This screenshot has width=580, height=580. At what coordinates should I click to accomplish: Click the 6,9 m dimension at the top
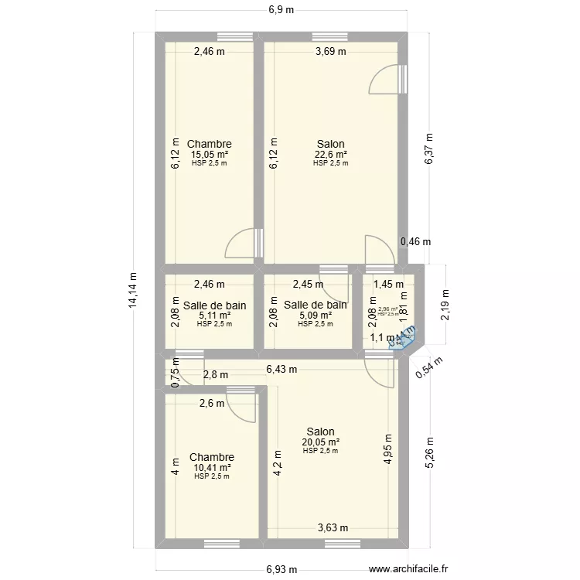[281, 10]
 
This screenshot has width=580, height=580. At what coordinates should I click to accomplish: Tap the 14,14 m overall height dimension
[133, 291]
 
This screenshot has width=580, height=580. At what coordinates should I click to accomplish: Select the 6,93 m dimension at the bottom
[281, 570]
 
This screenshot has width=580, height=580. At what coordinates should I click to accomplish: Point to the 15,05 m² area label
[209, 154]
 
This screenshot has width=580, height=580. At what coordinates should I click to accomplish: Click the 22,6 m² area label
[330, 154]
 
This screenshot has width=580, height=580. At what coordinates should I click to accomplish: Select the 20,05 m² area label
[320, 442]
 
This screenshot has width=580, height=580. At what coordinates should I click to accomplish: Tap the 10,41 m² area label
[212, 467]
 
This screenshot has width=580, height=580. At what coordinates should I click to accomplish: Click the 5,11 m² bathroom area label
[214, 315]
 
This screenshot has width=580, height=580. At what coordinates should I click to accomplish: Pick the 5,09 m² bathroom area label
[315, 315]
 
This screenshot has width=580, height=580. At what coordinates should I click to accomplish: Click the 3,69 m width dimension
[331, 52]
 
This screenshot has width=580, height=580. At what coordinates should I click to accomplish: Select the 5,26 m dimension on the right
[431, 449]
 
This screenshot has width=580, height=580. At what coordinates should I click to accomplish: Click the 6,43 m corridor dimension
[281, 370]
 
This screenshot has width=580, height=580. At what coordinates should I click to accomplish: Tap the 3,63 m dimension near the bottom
[333, 529]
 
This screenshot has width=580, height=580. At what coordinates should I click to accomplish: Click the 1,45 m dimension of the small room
[388, 284]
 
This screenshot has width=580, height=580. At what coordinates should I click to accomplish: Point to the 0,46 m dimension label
[415, 241]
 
